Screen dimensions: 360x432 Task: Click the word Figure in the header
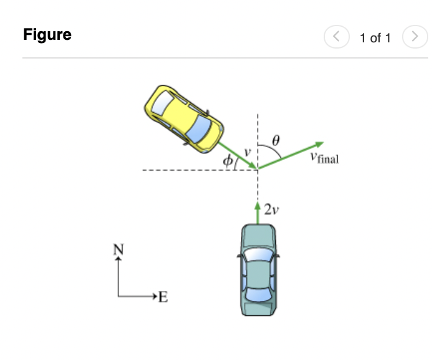coord(47,35)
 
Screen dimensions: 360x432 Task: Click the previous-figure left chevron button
coord(336,37)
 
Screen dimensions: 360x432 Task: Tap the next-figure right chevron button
coord(413,37)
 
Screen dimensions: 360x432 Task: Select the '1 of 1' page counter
coord(375,38)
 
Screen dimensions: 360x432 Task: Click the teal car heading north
coord(258,272)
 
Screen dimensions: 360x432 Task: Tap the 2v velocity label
coord(271,210)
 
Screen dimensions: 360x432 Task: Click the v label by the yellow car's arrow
coord(247,151)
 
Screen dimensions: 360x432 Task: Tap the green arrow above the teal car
coord(258,212)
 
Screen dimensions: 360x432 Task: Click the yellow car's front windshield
coord(200,128)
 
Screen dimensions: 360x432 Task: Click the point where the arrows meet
coord(258,169)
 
